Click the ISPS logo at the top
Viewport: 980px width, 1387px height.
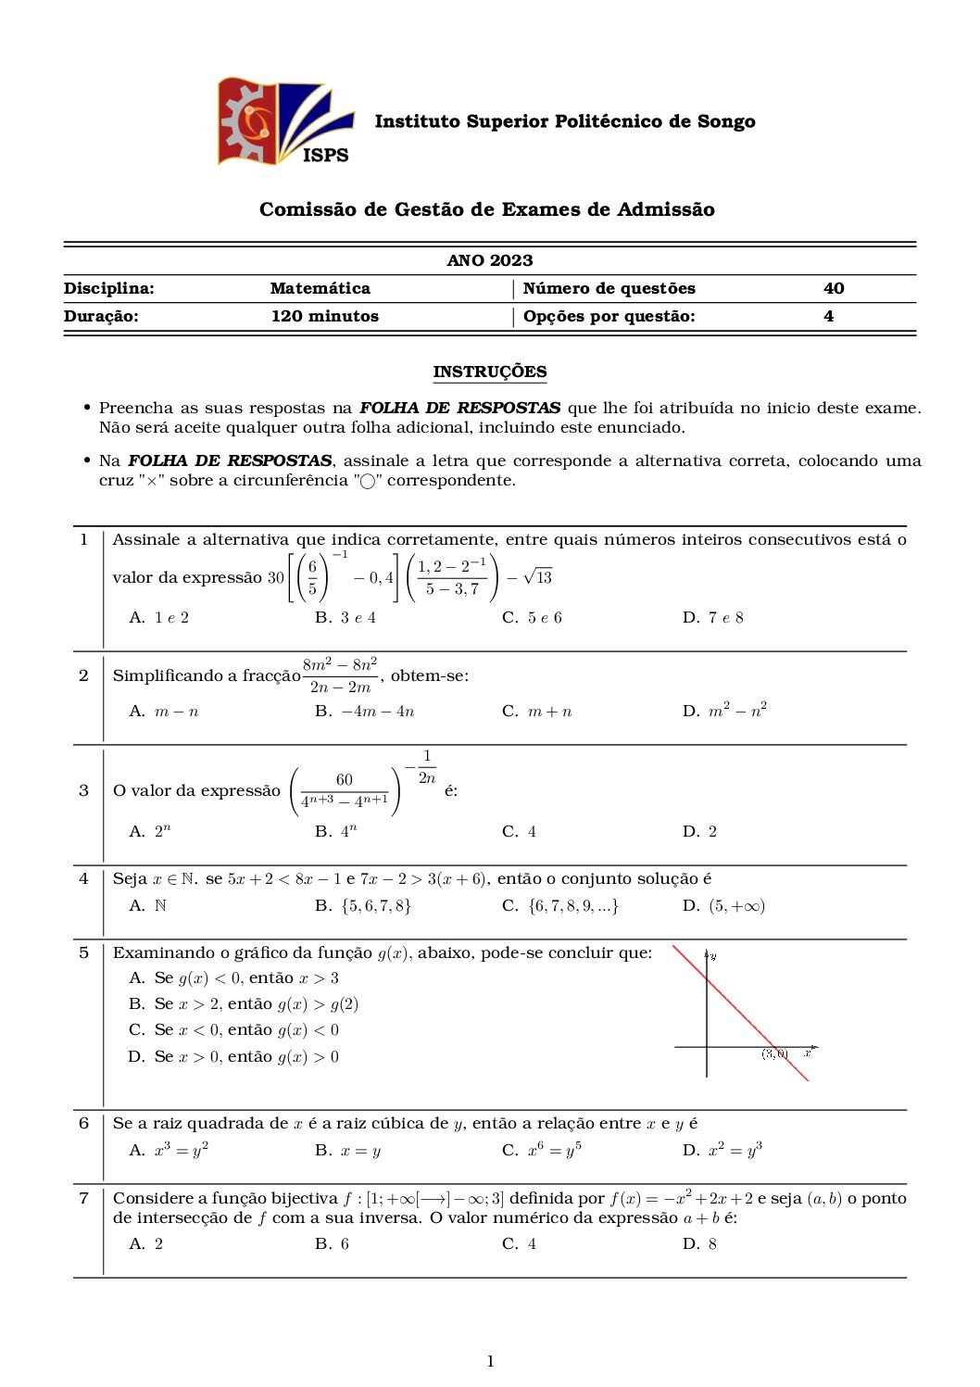285,122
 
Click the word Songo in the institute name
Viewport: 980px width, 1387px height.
726,121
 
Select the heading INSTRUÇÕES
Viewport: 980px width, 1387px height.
490,372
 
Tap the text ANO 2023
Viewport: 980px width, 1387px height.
490,260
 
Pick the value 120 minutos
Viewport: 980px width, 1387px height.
325,316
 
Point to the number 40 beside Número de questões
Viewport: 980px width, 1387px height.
834,288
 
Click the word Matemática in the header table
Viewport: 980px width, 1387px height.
320,288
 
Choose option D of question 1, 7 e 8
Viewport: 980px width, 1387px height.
713,618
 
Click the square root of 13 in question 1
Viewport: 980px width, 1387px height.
537,577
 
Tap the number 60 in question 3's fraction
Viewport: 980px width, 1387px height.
345,780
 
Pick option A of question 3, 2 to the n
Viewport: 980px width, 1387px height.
151,832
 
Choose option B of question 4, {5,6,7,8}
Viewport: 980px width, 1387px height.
363,906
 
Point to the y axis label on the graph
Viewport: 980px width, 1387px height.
714,955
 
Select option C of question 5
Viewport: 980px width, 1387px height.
234,1030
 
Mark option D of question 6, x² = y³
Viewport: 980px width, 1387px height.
722,1151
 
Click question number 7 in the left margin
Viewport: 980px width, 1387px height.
83,1198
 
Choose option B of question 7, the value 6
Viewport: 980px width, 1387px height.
333,1244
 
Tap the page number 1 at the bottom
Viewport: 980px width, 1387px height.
490,1361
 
